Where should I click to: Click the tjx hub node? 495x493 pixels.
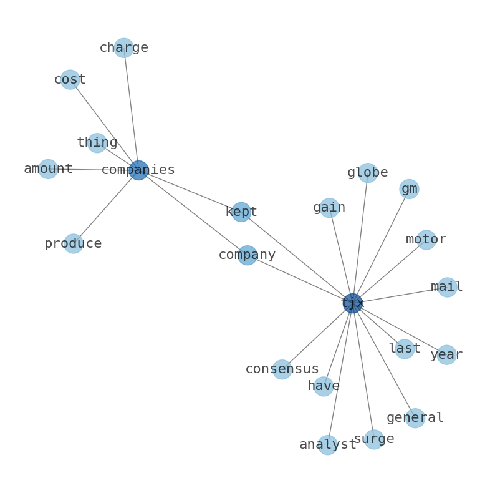point(352,303)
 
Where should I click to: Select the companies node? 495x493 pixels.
point(138,170)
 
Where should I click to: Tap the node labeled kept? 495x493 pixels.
point(241,212)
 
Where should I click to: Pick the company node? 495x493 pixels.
point(247,255)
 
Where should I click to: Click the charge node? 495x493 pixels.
point(123,47)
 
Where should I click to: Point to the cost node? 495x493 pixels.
point(70,80)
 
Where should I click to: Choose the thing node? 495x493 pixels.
point(97,143)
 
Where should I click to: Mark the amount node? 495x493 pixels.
point(48,169)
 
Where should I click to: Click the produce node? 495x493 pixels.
point(73,243)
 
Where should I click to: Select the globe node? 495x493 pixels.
point(368,173)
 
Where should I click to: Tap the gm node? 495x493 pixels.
point(409,189)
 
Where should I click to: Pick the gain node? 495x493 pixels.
point(329,208)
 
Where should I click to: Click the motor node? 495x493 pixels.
point(426,240)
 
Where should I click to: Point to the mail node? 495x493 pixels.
point(447,287)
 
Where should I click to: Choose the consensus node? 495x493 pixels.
point(282,369)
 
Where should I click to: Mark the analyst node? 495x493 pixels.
point(328,445)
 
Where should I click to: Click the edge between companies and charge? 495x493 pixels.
point(131,109)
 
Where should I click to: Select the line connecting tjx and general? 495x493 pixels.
point(383,361)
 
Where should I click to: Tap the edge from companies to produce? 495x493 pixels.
point(106,207)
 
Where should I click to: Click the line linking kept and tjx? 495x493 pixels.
point(297,258)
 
